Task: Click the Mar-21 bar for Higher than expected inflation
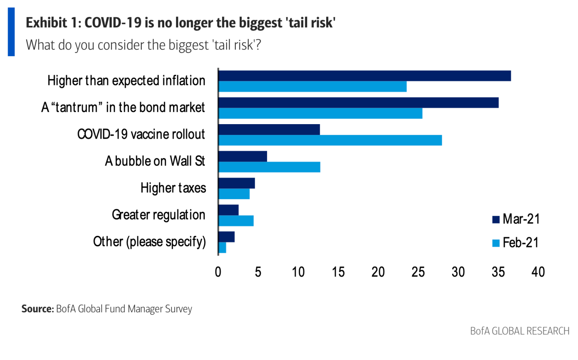pos(364,76)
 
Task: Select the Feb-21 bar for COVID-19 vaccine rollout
pos(330,140)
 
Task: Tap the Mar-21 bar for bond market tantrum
pos(358,102)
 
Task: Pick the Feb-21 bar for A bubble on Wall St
pos(269,167)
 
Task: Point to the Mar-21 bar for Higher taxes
pos(237,183)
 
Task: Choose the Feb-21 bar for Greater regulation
pos(236,221)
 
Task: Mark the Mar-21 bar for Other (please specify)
pos(227,237)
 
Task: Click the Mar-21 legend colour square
pos(496,219)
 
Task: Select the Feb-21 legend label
pos(521,243)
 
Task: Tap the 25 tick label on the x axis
pos(418,272)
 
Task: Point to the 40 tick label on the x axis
pos(538,272)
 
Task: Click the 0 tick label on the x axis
pos(218,272)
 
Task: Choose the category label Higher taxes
pos(173,188)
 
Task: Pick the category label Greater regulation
pos(159,215)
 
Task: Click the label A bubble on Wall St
pos(155,161)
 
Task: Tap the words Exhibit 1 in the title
pos(52,23)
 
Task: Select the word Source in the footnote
pos(37,309)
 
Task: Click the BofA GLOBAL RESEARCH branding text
pos(520,331)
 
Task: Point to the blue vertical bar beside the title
pos(11,32)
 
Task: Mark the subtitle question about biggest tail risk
pos(143,45)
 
